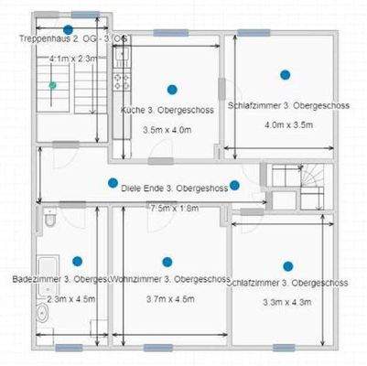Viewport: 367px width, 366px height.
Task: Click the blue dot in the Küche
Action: coord(171,89)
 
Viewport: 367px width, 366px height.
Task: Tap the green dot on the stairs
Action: coord(52,84)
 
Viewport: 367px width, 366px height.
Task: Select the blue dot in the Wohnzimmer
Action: coord(167,262)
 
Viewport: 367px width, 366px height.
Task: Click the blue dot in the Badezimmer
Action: coord(77,261)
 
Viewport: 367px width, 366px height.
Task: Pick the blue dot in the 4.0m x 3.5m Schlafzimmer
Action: coord(286,74)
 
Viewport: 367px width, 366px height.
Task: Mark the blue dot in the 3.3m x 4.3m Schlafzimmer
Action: coord(287,266)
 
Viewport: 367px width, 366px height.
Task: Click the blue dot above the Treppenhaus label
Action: coord(68,29)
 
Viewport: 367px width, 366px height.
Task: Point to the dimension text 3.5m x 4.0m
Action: coord(167,130)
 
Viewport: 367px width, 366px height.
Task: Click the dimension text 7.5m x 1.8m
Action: coord(174,209)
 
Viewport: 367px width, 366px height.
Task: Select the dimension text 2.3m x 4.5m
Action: coord(70,298)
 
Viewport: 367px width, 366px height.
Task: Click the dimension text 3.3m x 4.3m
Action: coord(287,301)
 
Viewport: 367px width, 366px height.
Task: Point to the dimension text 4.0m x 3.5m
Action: coord(287,124)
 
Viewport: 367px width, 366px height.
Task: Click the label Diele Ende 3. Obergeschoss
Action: coord(174,188)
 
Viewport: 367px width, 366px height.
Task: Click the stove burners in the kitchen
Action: coord(119,78)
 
